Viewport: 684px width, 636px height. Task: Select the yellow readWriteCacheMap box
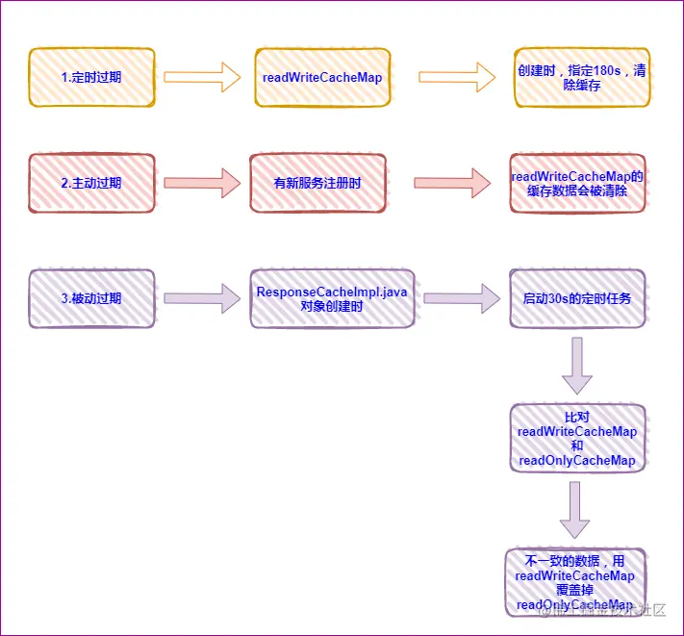coord(320,76)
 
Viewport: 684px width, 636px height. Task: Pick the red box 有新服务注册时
coord(317,182)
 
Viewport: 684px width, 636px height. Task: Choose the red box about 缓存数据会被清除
coord(577,183)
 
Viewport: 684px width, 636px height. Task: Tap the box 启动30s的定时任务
coord(577,298)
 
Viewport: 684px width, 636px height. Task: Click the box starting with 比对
coord(577,438)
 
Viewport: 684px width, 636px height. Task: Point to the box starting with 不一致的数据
coord(575,582)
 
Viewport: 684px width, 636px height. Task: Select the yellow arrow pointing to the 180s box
coord(455,77)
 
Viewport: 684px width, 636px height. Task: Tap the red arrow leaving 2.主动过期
coord(201,182)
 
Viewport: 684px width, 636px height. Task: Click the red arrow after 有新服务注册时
coord(450,182)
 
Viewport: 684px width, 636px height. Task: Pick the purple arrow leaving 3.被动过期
coord(201,298)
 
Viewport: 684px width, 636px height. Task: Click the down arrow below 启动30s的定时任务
coord(577,366)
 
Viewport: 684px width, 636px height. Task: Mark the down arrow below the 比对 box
coord(575,510)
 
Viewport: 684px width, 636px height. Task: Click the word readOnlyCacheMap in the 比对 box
coord(577,461)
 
